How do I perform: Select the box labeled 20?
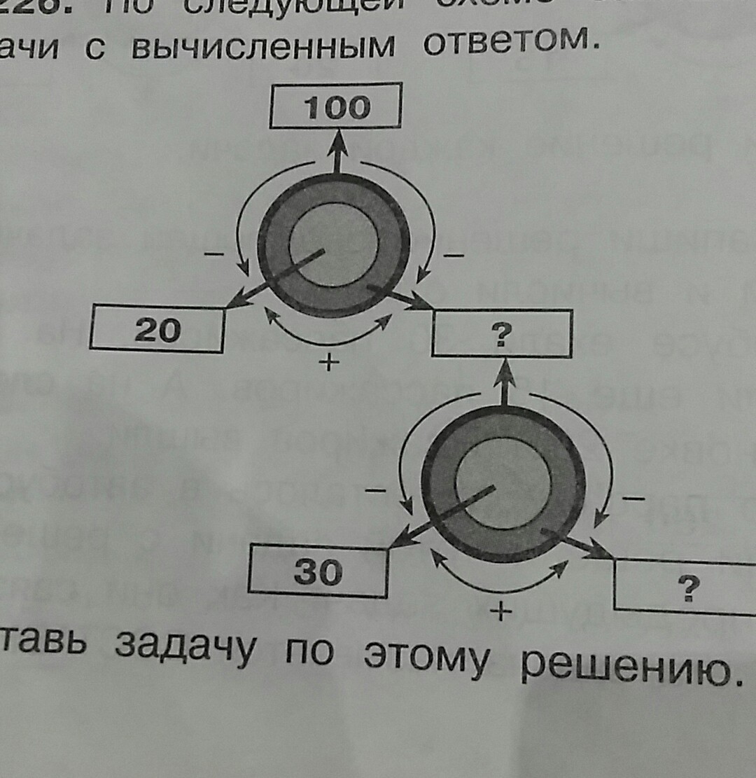click(x=157, y=329)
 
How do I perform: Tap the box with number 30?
click(x=318, y=573)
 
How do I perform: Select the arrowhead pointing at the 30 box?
click(x=398, y=541)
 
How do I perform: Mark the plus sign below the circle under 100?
click(x=323, y=362)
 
